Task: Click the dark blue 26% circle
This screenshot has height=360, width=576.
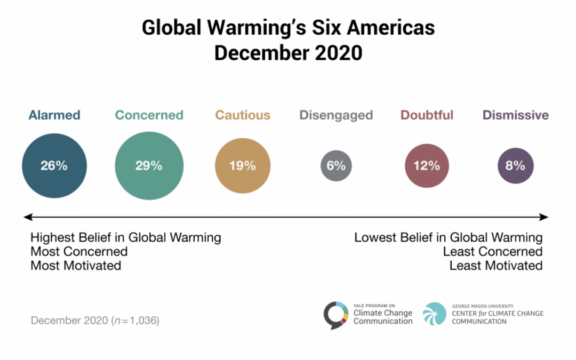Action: [54, 165]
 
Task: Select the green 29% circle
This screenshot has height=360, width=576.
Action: [149, 165]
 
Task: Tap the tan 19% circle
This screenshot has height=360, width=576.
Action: [243, 165]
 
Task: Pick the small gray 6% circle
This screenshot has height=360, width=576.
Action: [336, 165]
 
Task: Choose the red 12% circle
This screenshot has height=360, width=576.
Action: [426, 165]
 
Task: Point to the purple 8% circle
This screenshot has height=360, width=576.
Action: [515, 165]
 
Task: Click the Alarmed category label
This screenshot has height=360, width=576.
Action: [54, 115]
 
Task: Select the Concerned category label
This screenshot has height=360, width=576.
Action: [149, 115]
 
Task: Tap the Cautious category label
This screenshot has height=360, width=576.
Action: [243, 115]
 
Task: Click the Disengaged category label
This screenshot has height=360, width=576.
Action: [336, 115]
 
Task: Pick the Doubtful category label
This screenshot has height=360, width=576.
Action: [426, 115]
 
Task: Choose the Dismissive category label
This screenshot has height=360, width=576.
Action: [515, 115]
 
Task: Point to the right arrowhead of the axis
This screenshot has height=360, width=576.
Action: [544, 217]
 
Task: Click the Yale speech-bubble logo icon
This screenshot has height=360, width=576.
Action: [337, 315]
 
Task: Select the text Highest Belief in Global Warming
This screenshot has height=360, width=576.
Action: [126, 237]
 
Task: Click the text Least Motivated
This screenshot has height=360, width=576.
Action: [495, 265]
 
